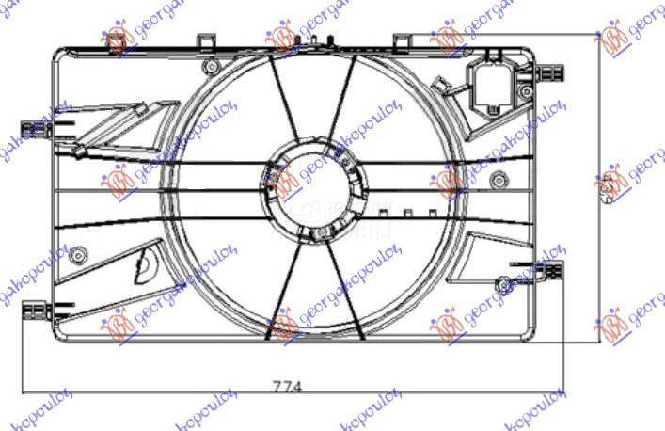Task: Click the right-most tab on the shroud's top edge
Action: click(401, 41)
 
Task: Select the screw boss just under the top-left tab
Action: click(213, 68)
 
